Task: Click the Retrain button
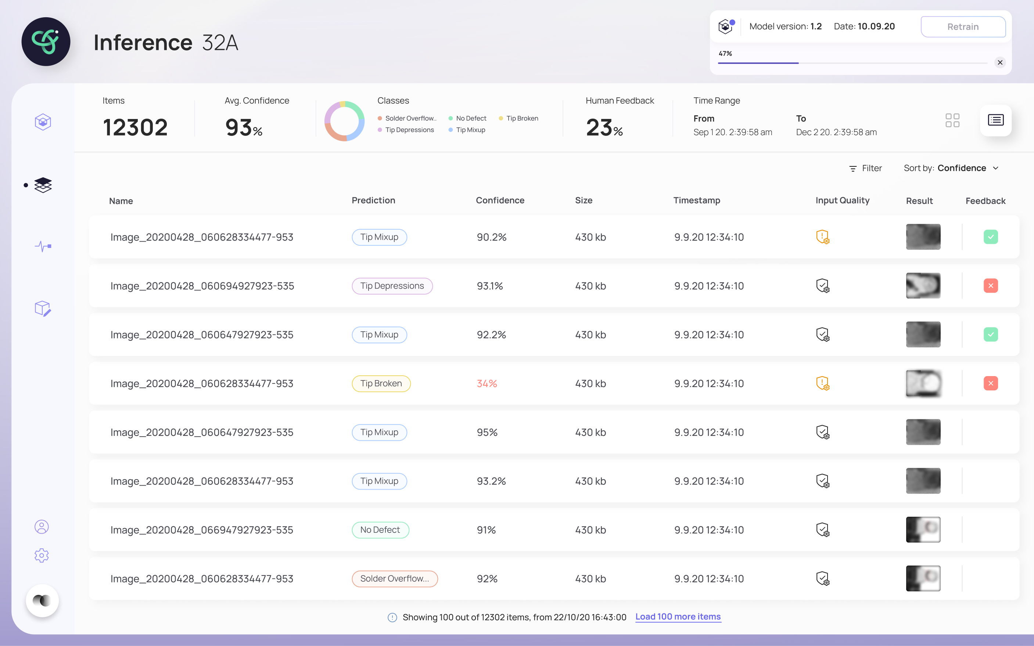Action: pyautogui.click(x=963, y=26)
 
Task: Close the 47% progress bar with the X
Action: pyautogui.click(x=1000, y=62)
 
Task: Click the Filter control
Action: pyautogui.click(x=865, y=168)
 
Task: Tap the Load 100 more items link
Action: pyautogui.click(x=678, y=617)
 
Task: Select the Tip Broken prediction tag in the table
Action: pyautogui.click(x=381, y=383)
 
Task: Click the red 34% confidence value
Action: pyautogui.click(x=487, y=383)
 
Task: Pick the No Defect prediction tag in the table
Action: pyautogui.click(x=380, y=530)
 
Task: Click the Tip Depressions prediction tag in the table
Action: pyautogui.click(x=392, y=286)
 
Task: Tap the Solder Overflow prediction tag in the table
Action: pyautogui.click(x=395, y=578)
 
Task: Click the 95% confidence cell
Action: pyautogui.click(x=487, y=432)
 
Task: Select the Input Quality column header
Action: pyautogui.click(x=842, y=201)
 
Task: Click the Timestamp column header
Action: pyautogui.click(x=697, y=201)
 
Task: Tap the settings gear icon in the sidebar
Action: pyautogui.click(x=42, y=555)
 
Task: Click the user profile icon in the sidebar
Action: pyautogui.click(x=42, y=527)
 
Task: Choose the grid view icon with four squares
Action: pyautogui.click(x=952, y=120)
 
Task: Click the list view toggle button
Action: pyautogui.click(x=995, y=120)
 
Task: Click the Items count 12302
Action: pyautogui.click(x=136, y=127)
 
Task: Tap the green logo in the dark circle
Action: pyautogui.click(x=45, y=41)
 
